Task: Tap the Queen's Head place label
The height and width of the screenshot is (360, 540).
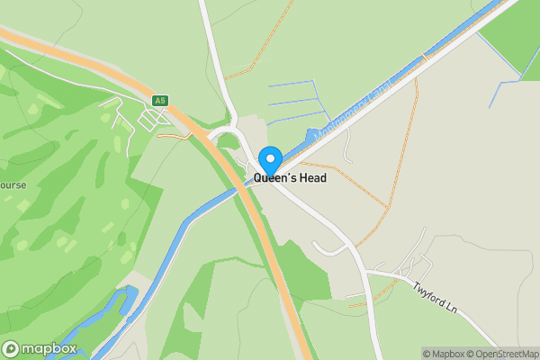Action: coord(290,178)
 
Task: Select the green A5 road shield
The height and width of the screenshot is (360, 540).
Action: coord(160,100)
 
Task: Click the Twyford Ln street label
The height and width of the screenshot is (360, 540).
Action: coord(437,297)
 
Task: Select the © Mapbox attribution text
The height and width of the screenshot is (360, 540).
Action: coord(445,354)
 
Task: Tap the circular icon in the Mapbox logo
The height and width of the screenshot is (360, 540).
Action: coord(12,349)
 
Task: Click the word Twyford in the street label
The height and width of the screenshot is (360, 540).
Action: coord(430,293)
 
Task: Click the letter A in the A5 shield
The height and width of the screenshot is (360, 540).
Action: coord(157,100)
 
